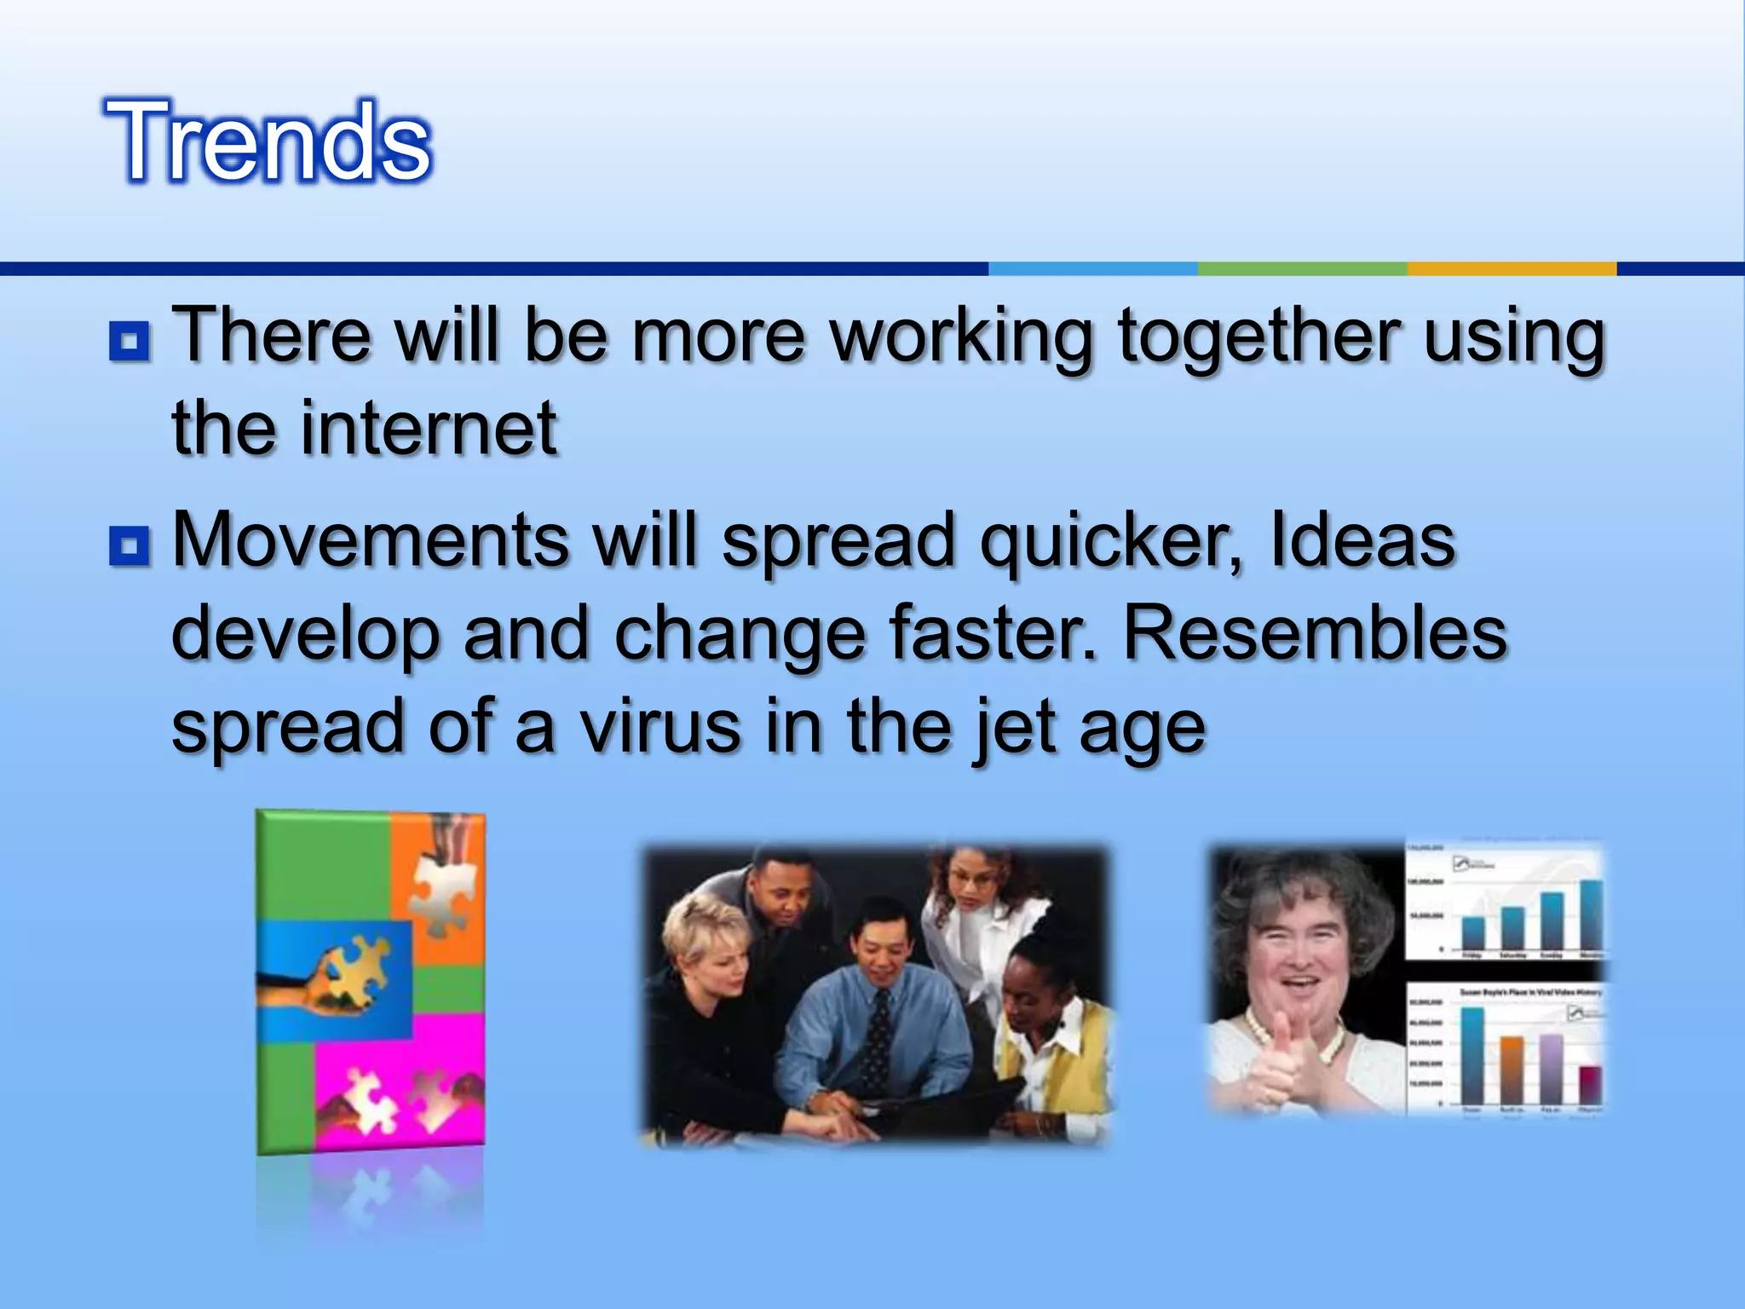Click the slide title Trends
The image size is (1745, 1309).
[268, 141]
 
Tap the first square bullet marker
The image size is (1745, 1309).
[130, 342]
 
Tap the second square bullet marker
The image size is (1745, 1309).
[130, 545]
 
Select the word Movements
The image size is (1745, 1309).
[371, 540]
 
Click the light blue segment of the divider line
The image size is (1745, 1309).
[1092, 269]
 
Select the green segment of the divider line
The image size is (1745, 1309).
[1302, 269]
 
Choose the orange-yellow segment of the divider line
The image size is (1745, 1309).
[1511, 269]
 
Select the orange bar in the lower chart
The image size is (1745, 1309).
[1512, 1070]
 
